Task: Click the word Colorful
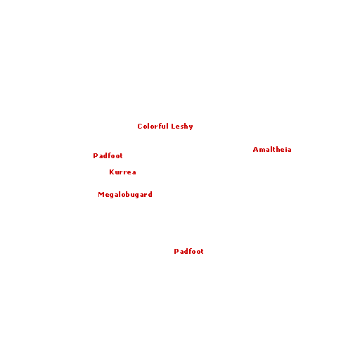click(153, 126)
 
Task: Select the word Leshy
click(182, 127)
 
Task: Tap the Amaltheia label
click(272, 149)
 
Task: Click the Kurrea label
click(122, 172)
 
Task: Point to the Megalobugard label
click(125, 195)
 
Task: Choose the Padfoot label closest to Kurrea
click(108, 155)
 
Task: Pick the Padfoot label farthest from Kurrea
click(188, 251)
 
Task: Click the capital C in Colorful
click(140, 127)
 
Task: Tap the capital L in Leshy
click(173, 127)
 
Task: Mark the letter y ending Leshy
click(191, 127)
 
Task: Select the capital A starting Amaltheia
click(255, 150)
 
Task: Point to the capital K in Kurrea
click(112, 172)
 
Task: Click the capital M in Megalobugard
click(101, 195)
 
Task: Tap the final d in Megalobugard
click(150, 194)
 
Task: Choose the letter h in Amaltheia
click(278, 149)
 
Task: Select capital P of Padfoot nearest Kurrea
click(95, 156)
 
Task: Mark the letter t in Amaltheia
click(274, 150)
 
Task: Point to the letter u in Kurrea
click(117, 173)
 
